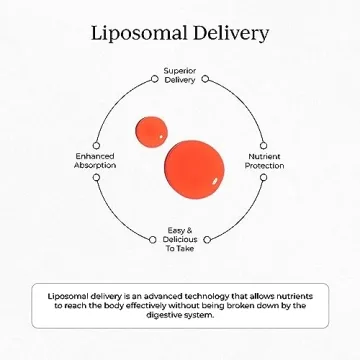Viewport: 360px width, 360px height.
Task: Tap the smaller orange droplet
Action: (x=152, y=130)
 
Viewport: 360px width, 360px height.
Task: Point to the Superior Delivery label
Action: (x=180, y=76)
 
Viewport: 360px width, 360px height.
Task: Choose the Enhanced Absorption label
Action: (x=95, y=161)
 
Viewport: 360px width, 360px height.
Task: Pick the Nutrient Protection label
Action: (x=264, y=161)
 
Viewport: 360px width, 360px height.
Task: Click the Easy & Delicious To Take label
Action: (x=180, y=240)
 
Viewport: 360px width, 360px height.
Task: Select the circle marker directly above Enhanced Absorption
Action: (x=96, y=144)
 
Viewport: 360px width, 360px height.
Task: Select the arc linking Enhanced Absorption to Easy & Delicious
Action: (x=115, y=215)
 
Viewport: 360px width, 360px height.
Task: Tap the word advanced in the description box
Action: (x=159, y=295)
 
